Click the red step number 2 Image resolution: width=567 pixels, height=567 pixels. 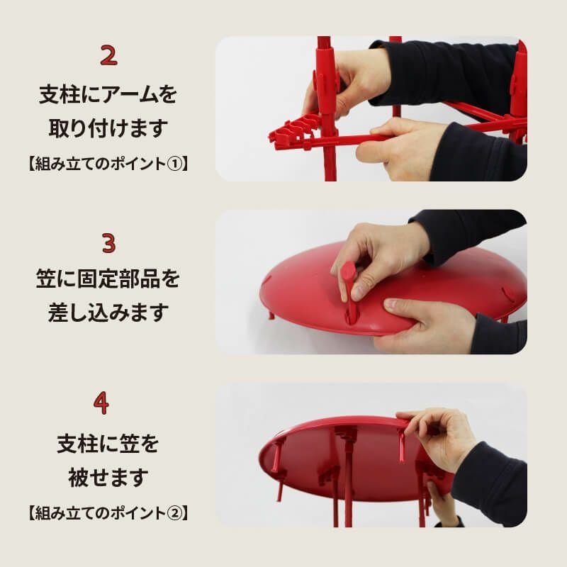(x=108, y=55)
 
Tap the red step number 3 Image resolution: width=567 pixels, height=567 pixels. (x=108, y=242)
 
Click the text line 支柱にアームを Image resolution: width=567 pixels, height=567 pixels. (x=108, y=95)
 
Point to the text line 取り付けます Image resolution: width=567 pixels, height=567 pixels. (x=108, y=128)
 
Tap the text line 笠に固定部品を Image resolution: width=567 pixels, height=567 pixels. (x=108, y=279)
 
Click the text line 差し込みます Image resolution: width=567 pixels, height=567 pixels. (x=108, y=313)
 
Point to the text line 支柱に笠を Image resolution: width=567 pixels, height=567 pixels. (x=108, y=444)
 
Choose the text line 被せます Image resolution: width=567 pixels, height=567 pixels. (x=108, y=477)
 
